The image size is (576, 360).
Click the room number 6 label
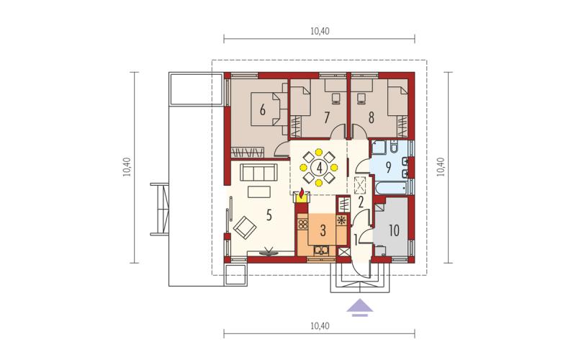[x=262, y=110]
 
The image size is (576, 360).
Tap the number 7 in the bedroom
[x=327, y=117]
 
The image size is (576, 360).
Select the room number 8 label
[x=372, y=117]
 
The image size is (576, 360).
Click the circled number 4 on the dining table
[x=319, y=168]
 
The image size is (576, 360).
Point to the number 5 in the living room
[x=269, y=215]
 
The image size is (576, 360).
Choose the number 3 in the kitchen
[x=323, y=230]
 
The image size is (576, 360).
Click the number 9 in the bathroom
[x=388, y=167]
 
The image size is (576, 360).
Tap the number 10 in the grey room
[x=394, y=230]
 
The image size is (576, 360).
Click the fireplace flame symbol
[x=302, y=194]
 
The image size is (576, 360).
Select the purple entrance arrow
[x=360, y=307]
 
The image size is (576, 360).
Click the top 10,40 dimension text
[x=320, y=31]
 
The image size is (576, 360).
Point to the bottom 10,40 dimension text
[x=320, y=325]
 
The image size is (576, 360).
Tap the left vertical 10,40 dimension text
[x=127, y=167]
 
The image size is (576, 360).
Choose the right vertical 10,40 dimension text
[x=441, y=167]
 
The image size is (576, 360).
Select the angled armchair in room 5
[x=245, y=227]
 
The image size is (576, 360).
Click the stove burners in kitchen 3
[x=303, y=224]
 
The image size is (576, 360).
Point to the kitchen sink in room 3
[x=322, y=251]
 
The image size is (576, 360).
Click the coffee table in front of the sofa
[x=259, y=192]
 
